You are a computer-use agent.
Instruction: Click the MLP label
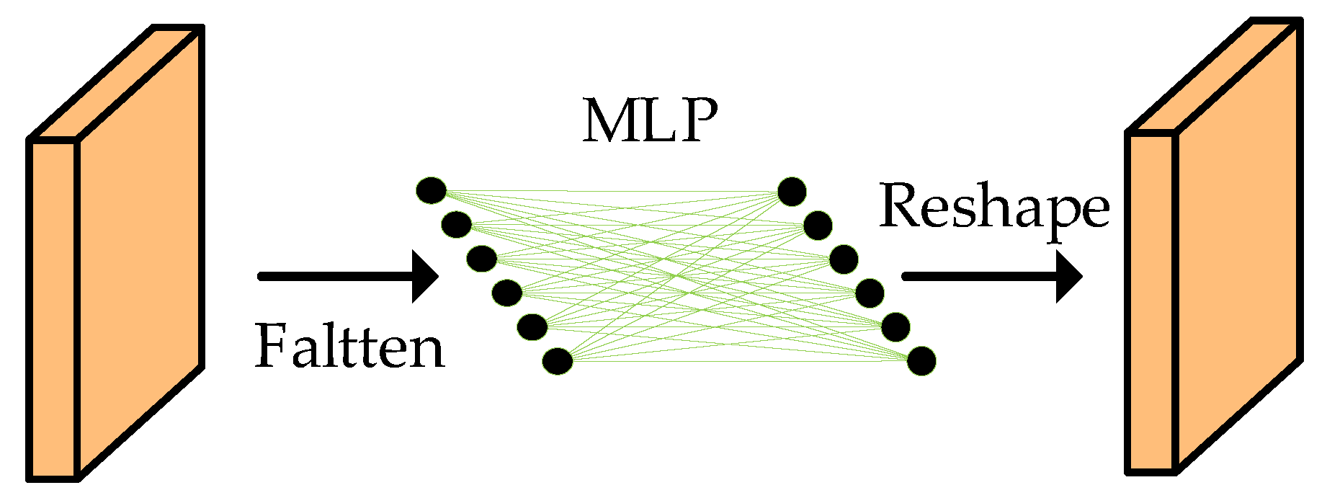pyautogui.click(x=650, y=120)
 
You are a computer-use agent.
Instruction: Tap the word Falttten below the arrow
pyautogui.click(x=350, y=347)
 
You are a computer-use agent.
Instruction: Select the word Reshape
pyautogui.click(x=994, y=207)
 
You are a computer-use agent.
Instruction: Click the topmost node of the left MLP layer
pyautogui.click(x=432, y=191)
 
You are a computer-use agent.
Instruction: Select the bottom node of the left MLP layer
pyautogui.click(x=558, y=361)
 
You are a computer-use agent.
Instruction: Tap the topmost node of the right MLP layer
pyautogui.click(x=792, y=191)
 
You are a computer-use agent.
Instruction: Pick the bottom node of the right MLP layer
pyautogui.click(x=921, y=361)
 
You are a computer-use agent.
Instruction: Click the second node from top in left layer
pyautogui.click(x=457, y=225)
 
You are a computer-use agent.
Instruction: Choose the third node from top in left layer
pyautogui.click(x=481, y=258)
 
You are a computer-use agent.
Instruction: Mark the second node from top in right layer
pyautogui.click(x=818, y=226)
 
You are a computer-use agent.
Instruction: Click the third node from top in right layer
pyautogui.click(x=844, y=258)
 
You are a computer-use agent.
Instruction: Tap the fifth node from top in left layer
pyautogui.click(x=532, y=327)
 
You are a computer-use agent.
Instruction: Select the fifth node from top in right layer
pyautogui.click(x=895, y=327)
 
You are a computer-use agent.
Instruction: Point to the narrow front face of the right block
pyautogui.click(x=1151, y=303)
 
